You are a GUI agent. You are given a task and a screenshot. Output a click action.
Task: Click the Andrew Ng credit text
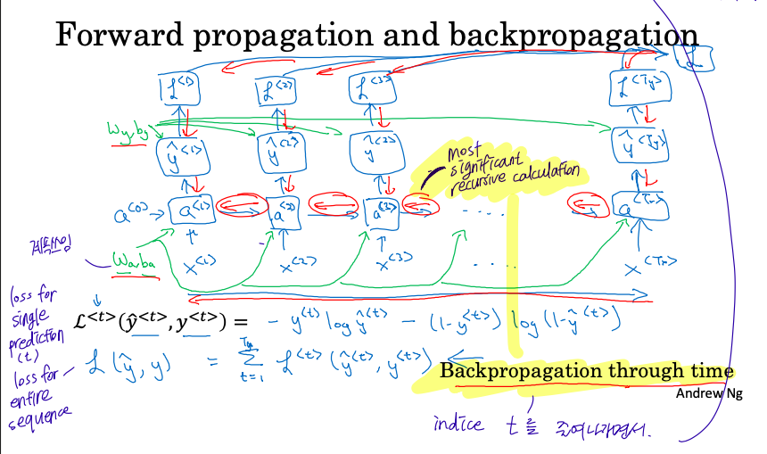pyautogui.click(x=708, y=393)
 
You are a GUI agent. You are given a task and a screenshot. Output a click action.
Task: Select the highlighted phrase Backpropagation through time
pyautogui.click(x=586, y=372)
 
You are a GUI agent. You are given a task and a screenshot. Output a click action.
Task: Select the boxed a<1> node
pyautogui.click(x=190, y=211)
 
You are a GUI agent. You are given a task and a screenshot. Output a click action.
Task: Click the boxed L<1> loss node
pyautogui.click(x=174, y=88)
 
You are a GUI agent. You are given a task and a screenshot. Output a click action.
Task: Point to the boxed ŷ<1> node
pyautogui.click(x=182, y=152)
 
